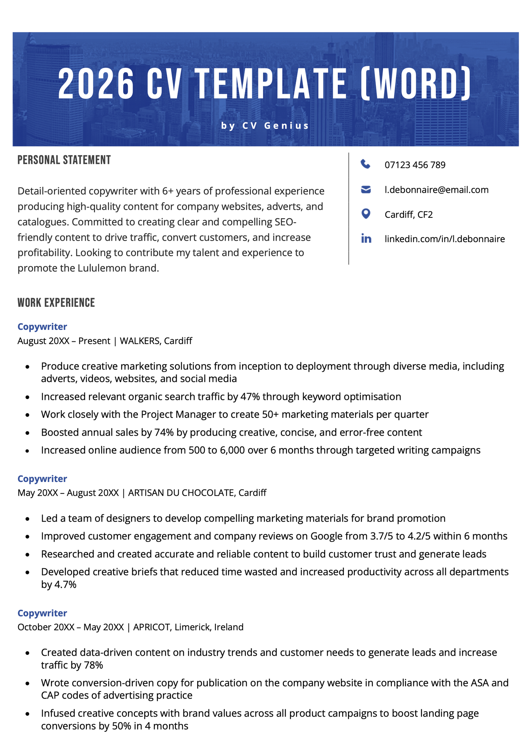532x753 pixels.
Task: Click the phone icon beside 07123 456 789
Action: [x=366, y=164]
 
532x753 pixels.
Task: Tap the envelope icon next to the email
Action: [x=366, y=189]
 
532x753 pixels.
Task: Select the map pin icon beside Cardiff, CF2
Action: [x=366, y=214]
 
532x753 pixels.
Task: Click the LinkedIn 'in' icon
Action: [x=366, y=239]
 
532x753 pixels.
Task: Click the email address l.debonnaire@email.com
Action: [x=437, y=190]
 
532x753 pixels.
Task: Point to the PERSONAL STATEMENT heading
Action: [x=64, y=160]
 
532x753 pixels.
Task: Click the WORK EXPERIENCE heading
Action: [x=56, y=303]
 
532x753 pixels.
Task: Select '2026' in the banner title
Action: [x=96, y=84]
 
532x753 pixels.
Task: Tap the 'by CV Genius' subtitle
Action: [x=265, y=125]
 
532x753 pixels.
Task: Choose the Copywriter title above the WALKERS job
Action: [x=42, y=327]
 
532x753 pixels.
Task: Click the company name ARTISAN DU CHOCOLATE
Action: [x=182, y=493]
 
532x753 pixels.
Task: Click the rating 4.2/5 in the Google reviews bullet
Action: [x=419, y=536]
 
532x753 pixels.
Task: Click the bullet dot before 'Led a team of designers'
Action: [x=27, y=519]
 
